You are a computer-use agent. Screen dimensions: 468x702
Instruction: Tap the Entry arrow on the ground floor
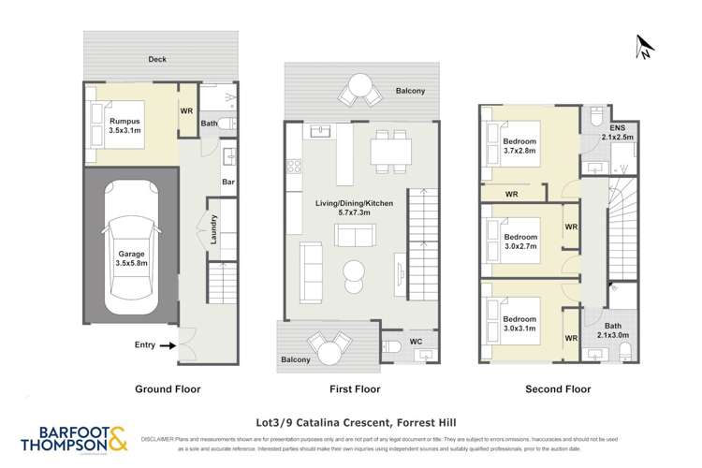(x=168, y=345)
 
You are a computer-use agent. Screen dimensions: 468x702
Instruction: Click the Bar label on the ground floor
(x=227, y=183)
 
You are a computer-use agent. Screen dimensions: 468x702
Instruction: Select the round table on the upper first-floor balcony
(x=358, y=89)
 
